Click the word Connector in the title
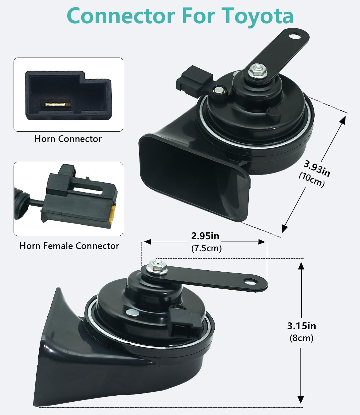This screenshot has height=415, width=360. [121, 16]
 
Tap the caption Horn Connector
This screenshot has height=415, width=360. [68, 139]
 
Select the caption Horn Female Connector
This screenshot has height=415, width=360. [69, 246]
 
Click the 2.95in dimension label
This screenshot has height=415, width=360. [205, 236]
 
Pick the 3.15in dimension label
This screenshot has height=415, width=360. [301, 326]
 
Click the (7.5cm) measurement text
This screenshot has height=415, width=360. [207, 248]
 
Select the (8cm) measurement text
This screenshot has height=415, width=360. [301, 338]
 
